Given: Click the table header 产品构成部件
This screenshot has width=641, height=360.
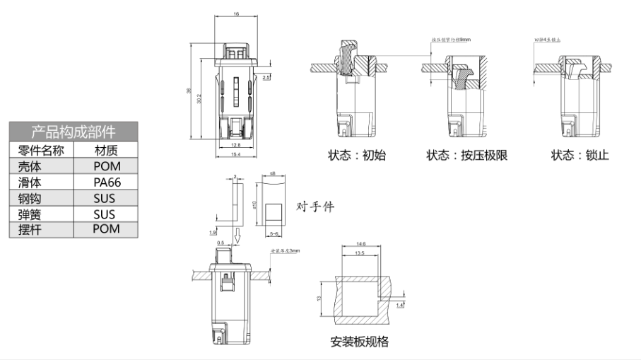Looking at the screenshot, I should (73, 132).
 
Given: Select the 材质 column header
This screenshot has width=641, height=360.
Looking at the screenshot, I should (106, 150).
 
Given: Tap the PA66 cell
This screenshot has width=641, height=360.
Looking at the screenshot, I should (106, 182).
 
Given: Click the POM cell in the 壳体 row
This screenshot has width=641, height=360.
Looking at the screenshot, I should (106, 166).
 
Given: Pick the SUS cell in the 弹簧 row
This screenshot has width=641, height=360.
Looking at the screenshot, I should (106, 214).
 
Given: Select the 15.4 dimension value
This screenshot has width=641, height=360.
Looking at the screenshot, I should (235, 154).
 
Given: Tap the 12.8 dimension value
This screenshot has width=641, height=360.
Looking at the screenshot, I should (235, 145).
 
